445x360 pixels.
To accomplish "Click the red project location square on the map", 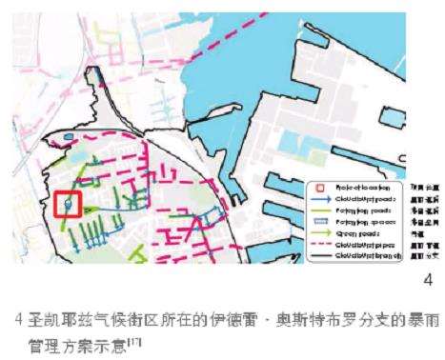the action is click(70, 204).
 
